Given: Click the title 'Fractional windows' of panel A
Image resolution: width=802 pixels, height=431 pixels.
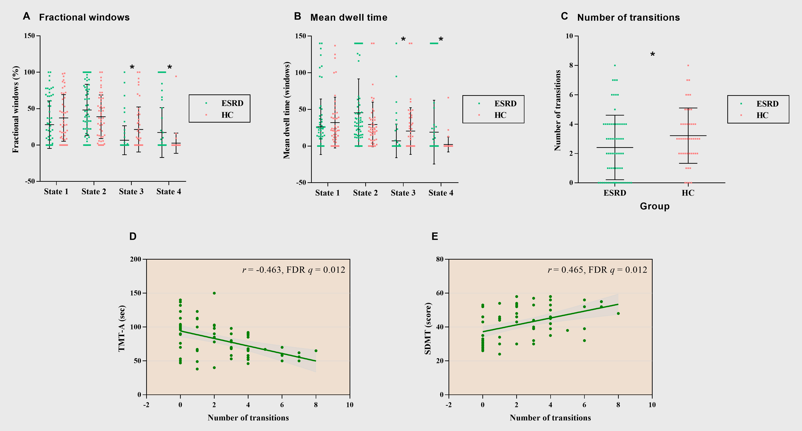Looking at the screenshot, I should pyautogui.click(x=84, y=17).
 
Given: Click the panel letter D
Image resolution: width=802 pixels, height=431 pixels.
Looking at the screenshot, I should pyautogui.click(x=133, y=236).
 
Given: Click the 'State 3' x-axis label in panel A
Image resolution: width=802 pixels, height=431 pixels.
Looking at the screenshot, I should pyautogui.click(x=131, y=192).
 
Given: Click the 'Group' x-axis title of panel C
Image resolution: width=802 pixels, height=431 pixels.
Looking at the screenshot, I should pyautogui.click(x=654, y=206).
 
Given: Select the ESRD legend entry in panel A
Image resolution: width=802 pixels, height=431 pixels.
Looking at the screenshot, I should pyautogui.click(x=232, y=103).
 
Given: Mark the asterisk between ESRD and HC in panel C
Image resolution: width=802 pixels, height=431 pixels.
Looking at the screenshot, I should pyautogui.click(x=653, y=55).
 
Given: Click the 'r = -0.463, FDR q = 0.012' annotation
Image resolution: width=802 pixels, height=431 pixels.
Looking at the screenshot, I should pyautogui.click(x=294, y=270).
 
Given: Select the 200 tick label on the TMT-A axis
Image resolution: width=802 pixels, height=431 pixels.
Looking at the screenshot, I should pyautogui.click(x=136, y=259).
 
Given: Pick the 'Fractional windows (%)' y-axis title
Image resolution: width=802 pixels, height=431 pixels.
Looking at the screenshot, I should pyautogui.click(x=16, y=109).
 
